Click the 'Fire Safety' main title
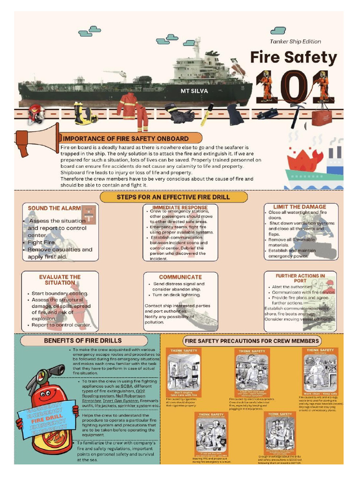pyautogui.click(x=293, y=58)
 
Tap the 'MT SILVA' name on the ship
pyautogui.click(x=194, y=90)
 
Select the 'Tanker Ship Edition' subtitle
pyautogui.click(x=295, y=41)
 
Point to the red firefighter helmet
pyautogui.click(x=36, y=113)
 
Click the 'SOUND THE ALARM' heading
pyautogui.click(x=51, y=208)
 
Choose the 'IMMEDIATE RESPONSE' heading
pyautogui.click(x=180, y=207)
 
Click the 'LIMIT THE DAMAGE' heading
pyautogui.click(x=300, y=207)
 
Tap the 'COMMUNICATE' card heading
pyautogui.click(x=180, y=277)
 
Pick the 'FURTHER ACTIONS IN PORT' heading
pyautogui.click(x=300, y=278)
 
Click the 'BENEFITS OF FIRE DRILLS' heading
pyautogui.click(x=82, y=340)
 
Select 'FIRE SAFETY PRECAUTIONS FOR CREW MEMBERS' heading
pyautogui.click(x=252, y=341)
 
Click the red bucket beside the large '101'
pyautogui.click(x=321, y=115)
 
